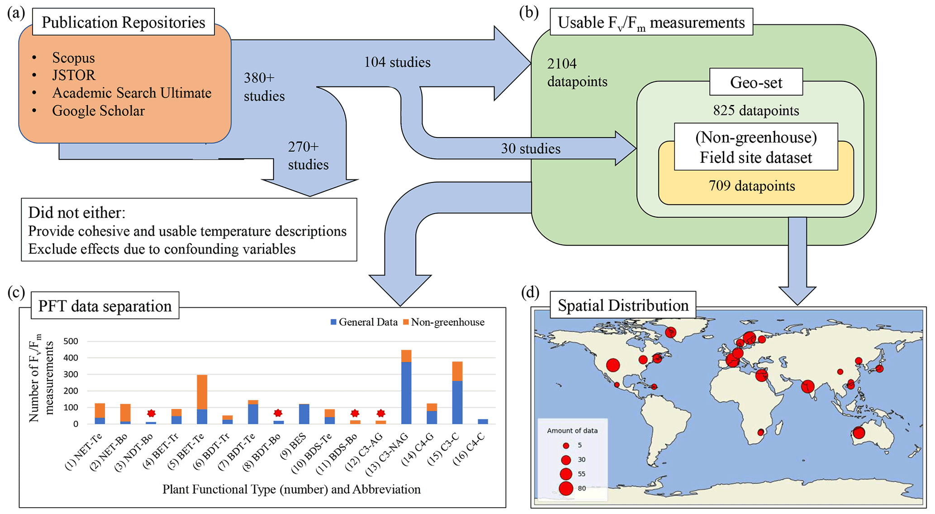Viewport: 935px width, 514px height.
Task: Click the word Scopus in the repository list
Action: (73, 58)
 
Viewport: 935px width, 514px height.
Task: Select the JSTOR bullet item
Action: (74, 75)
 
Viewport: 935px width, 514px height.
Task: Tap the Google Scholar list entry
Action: (98, 111)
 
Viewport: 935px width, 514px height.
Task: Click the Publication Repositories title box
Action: (123, 22)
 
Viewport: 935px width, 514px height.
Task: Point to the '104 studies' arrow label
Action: (397, 62)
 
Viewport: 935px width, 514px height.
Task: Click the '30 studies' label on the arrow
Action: (531, 148)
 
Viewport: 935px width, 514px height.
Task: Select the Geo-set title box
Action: (756, 82)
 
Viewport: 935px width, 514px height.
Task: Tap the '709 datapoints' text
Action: (752, 186)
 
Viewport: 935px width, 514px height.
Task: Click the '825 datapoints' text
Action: (756, 110)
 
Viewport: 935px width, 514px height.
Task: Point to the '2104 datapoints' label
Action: (577, 72)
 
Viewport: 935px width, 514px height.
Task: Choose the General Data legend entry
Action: (364, 322)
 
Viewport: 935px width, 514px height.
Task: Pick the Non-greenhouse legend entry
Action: (443, 322)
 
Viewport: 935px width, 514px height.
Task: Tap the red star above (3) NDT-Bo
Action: (151, 413)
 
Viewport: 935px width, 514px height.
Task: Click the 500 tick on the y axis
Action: (71, 341)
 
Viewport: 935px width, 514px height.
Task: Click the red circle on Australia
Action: (859, 433)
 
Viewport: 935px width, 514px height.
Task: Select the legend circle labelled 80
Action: (566, 488)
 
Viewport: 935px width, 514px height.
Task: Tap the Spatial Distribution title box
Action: (623, 305)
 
